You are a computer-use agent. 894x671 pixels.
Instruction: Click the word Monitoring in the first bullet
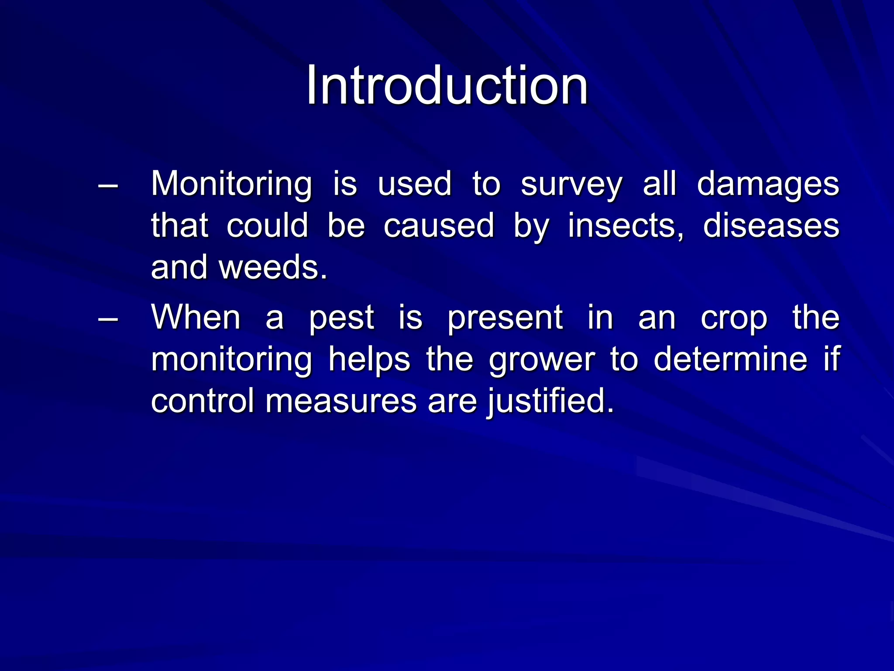(x=231, y=184)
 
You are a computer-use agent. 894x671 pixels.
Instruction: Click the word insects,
(x=626, y=226)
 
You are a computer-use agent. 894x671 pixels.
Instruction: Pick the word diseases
(x=771, y=226)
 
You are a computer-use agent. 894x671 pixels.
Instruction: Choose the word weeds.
(x=273, y=267)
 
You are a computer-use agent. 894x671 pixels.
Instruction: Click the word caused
(x=439, y=226)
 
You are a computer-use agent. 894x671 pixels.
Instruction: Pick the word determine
(x=730, y=359)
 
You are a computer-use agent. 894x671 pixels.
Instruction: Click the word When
(x=196, y=317)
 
